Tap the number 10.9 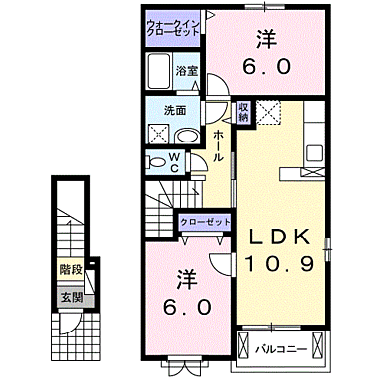tap(279, 265)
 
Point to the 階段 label tap(70, 267)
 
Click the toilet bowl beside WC tap(155, 162)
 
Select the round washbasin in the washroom tap(189, 135)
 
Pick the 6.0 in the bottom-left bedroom tap(188, 308)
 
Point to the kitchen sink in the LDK tap(315, 153)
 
